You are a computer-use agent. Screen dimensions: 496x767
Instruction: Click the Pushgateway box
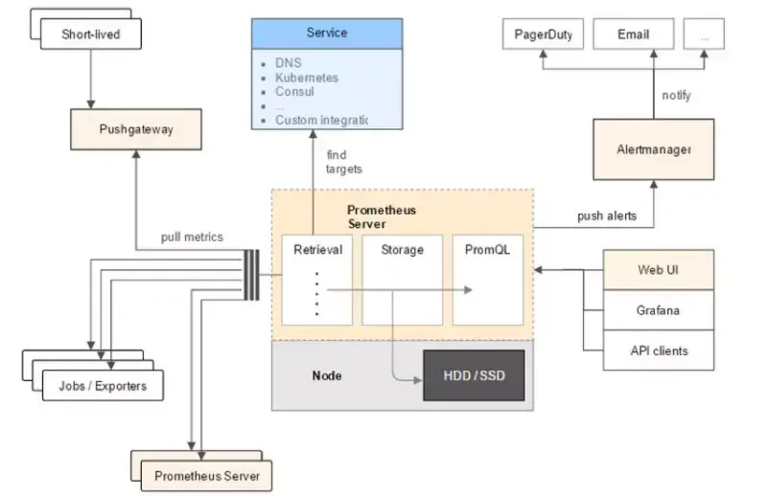point(135,128)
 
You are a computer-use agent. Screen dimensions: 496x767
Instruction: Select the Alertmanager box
point(653,149)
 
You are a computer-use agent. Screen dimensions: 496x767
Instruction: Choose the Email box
point(633,34)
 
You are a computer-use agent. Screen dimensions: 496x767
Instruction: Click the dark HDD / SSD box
point(474,375)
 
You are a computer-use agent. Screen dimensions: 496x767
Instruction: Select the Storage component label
point(402,250)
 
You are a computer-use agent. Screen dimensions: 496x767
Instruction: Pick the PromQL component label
point(486,250)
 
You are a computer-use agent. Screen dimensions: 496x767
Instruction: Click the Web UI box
point(659,270)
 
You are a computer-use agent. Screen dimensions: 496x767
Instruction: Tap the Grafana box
point(659,310)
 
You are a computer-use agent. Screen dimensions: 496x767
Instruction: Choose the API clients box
point(659,350)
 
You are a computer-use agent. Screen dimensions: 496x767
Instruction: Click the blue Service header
point(326,33)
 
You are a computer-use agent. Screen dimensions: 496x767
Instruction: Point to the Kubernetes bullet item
point(306,78)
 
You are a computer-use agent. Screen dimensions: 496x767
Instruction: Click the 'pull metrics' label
point(192,237)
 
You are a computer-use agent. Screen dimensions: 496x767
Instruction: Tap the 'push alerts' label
point(606,216)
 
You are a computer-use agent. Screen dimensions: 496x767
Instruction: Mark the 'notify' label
point(676,96)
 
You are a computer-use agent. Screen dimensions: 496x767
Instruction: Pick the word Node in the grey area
point(326,375)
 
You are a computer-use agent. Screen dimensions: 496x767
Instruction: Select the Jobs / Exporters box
point(103,385)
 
